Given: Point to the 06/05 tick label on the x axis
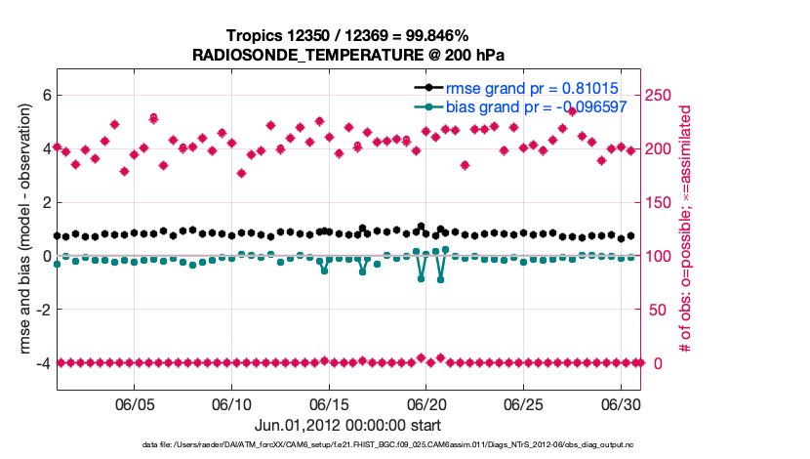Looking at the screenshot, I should click(x=136, y=404).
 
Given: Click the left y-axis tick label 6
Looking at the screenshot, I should click(x=44, y=96).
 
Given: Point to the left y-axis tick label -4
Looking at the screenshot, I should click(x=41, y=362).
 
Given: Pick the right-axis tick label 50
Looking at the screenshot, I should click(x=659, y=310).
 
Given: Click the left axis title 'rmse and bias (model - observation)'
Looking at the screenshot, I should click(x=21, y=229).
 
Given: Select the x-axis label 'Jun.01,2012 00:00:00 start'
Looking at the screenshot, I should click(x=347, y=426).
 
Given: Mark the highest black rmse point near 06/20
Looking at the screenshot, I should click(x=421, y=227).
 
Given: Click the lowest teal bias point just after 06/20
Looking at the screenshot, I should click(x=440, y=279).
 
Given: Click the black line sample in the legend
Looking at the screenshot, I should click(x=427, y=89).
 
